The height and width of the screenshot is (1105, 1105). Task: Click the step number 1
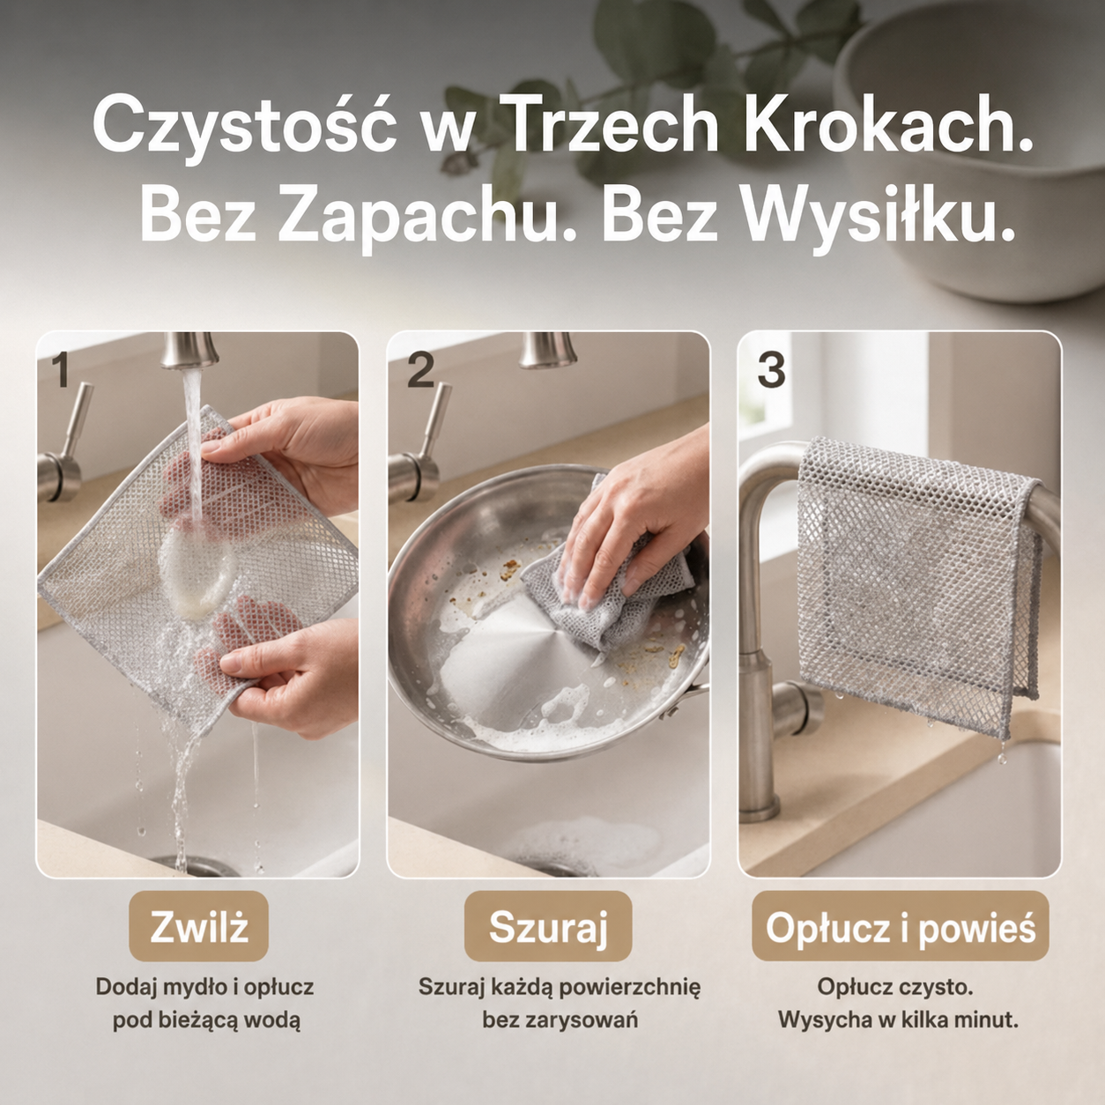click(60, 369)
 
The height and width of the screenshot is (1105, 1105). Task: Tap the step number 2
click(421, 370)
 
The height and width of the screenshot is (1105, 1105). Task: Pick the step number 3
click(771, 370)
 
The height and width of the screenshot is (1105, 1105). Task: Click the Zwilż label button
click(198, 926)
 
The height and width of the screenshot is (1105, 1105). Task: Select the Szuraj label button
click(547, 926)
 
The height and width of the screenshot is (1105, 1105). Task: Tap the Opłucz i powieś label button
click(901, 926)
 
